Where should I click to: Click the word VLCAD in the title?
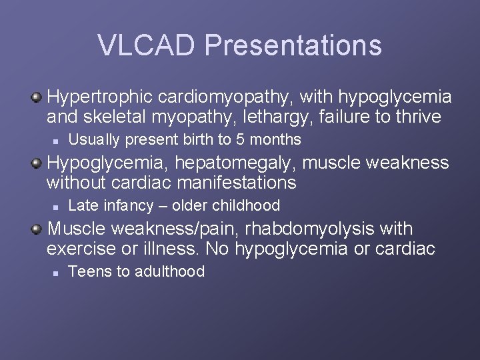click(147, 45)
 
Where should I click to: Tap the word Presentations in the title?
click(293, 45)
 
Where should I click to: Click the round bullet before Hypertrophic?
click(38, 97)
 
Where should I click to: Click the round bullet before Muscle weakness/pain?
click(38, 229)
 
